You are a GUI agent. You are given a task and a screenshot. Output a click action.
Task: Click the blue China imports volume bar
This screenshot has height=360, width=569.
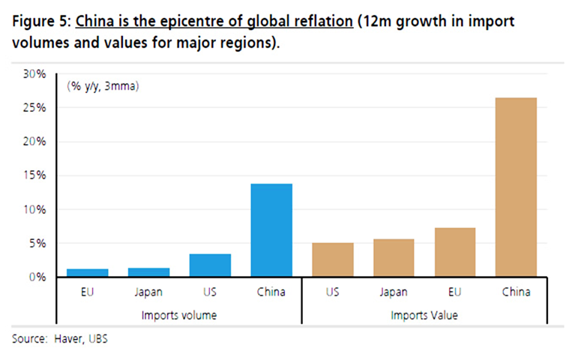pos(271,230)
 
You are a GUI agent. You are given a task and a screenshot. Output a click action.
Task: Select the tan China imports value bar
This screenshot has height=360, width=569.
pos(517,187)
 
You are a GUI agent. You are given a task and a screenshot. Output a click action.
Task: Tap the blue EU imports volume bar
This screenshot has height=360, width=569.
pos(87,273)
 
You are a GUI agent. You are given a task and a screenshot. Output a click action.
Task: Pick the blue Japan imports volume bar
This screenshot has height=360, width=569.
pos(148,272)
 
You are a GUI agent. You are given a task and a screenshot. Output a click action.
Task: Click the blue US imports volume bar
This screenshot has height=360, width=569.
pos(210,265)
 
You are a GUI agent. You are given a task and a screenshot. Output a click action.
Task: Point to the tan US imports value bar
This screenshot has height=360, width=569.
pos(332,259)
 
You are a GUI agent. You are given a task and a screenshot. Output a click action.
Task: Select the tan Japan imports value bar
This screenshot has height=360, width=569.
pos(394,258)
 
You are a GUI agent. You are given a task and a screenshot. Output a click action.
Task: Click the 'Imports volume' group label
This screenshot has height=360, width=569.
pos(179,315)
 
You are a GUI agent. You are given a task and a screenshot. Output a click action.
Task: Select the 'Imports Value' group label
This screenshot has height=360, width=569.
pos(424,315)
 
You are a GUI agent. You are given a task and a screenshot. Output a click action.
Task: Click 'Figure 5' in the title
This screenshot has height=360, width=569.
pos(37,21)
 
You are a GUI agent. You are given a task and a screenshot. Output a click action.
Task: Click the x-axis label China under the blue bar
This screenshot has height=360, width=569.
pos(271,292)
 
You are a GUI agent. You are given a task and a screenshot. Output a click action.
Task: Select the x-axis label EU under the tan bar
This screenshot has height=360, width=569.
pos(455,292)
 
